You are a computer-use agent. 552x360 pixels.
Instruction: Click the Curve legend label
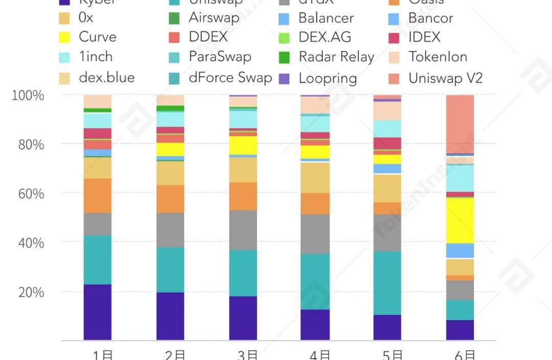click(97, 37)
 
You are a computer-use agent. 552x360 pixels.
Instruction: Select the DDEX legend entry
click(208, 37)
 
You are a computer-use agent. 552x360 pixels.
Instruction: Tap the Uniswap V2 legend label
click(446, 78)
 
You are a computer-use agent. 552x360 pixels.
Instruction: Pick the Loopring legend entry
click(328, 78)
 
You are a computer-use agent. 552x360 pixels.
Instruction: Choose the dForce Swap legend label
click(230, 78)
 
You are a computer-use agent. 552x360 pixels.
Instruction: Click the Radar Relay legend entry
click(336, 57)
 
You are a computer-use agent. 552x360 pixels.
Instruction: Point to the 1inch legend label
click(96, 57)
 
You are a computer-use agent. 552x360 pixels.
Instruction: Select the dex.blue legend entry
click(106, 78)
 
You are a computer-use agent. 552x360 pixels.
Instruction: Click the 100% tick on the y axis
click(28, 96)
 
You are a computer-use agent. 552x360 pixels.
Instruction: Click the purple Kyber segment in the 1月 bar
click(97, 312)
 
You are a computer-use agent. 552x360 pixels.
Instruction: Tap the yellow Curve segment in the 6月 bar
click(459, 220)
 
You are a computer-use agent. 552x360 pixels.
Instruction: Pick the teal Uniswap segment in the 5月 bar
click(387, 283)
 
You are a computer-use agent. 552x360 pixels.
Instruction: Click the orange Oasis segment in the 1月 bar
click(97, 195)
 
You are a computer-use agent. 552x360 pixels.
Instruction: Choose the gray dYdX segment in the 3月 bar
click(243, 230)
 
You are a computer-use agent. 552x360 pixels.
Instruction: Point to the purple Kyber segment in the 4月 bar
click(315, 325)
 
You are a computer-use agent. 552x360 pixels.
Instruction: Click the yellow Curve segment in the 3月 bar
click(243, 145)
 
